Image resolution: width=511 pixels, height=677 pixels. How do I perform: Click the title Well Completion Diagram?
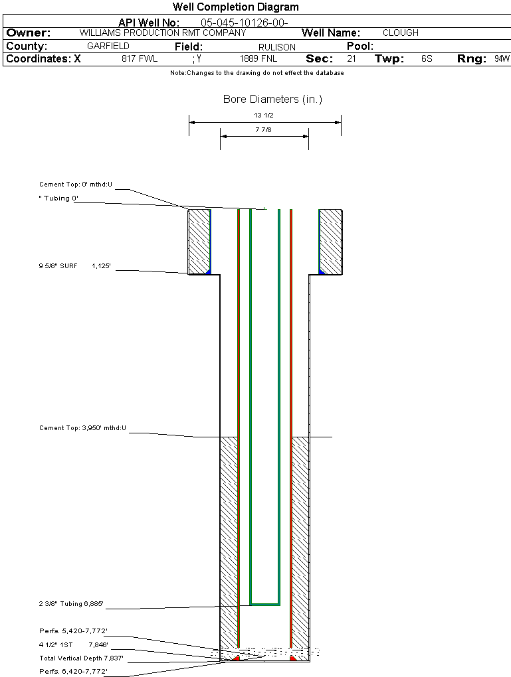(235, 7)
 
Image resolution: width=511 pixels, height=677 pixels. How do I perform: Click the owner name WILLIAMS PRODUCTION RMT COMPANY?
(163, 33)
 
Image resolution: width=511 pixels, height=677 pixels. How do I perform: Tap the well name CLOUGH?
(401, 33)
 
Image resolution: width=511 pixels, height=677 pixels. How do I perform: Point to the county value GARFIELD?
(108, 46)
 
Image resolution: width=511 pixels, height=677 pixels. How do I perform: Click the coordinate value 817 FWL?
(140, 59)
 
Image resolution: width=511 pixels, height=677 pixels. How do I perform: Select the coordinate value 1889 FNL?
(258, 59)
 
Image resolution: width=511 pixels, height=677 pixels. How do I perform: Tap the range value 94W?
(502, 59)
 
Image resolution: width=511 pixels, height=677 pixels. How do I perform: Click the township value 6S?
(427, 59)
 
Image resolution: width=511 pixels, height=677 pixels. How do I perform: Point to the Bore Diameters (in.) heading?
(272, 100)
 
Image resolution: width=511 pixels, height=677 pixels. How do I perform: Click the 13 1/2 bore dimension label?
(264, 115)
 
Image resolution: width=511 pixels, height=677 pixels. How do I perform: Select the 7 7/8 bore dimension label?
(264, 130)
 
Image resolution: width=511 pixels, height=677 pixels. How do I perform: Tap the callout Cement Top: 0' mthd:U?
(76, 185)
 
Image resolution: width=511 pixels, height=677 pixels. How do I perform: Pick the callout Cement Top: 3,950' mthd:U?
(82, 428)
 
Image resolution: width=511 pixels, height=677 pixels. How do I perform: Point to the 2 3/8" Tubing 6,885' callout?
(71, 605)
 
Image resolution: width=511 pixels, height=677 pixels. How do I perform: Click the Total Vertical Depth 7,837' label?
(82, 658)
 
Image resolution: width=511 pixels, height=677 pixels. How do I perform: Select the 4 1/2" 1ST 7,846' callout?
(74, 644)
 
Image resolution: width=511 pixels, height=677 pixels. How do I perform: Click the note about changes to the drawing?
(257, 73)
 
